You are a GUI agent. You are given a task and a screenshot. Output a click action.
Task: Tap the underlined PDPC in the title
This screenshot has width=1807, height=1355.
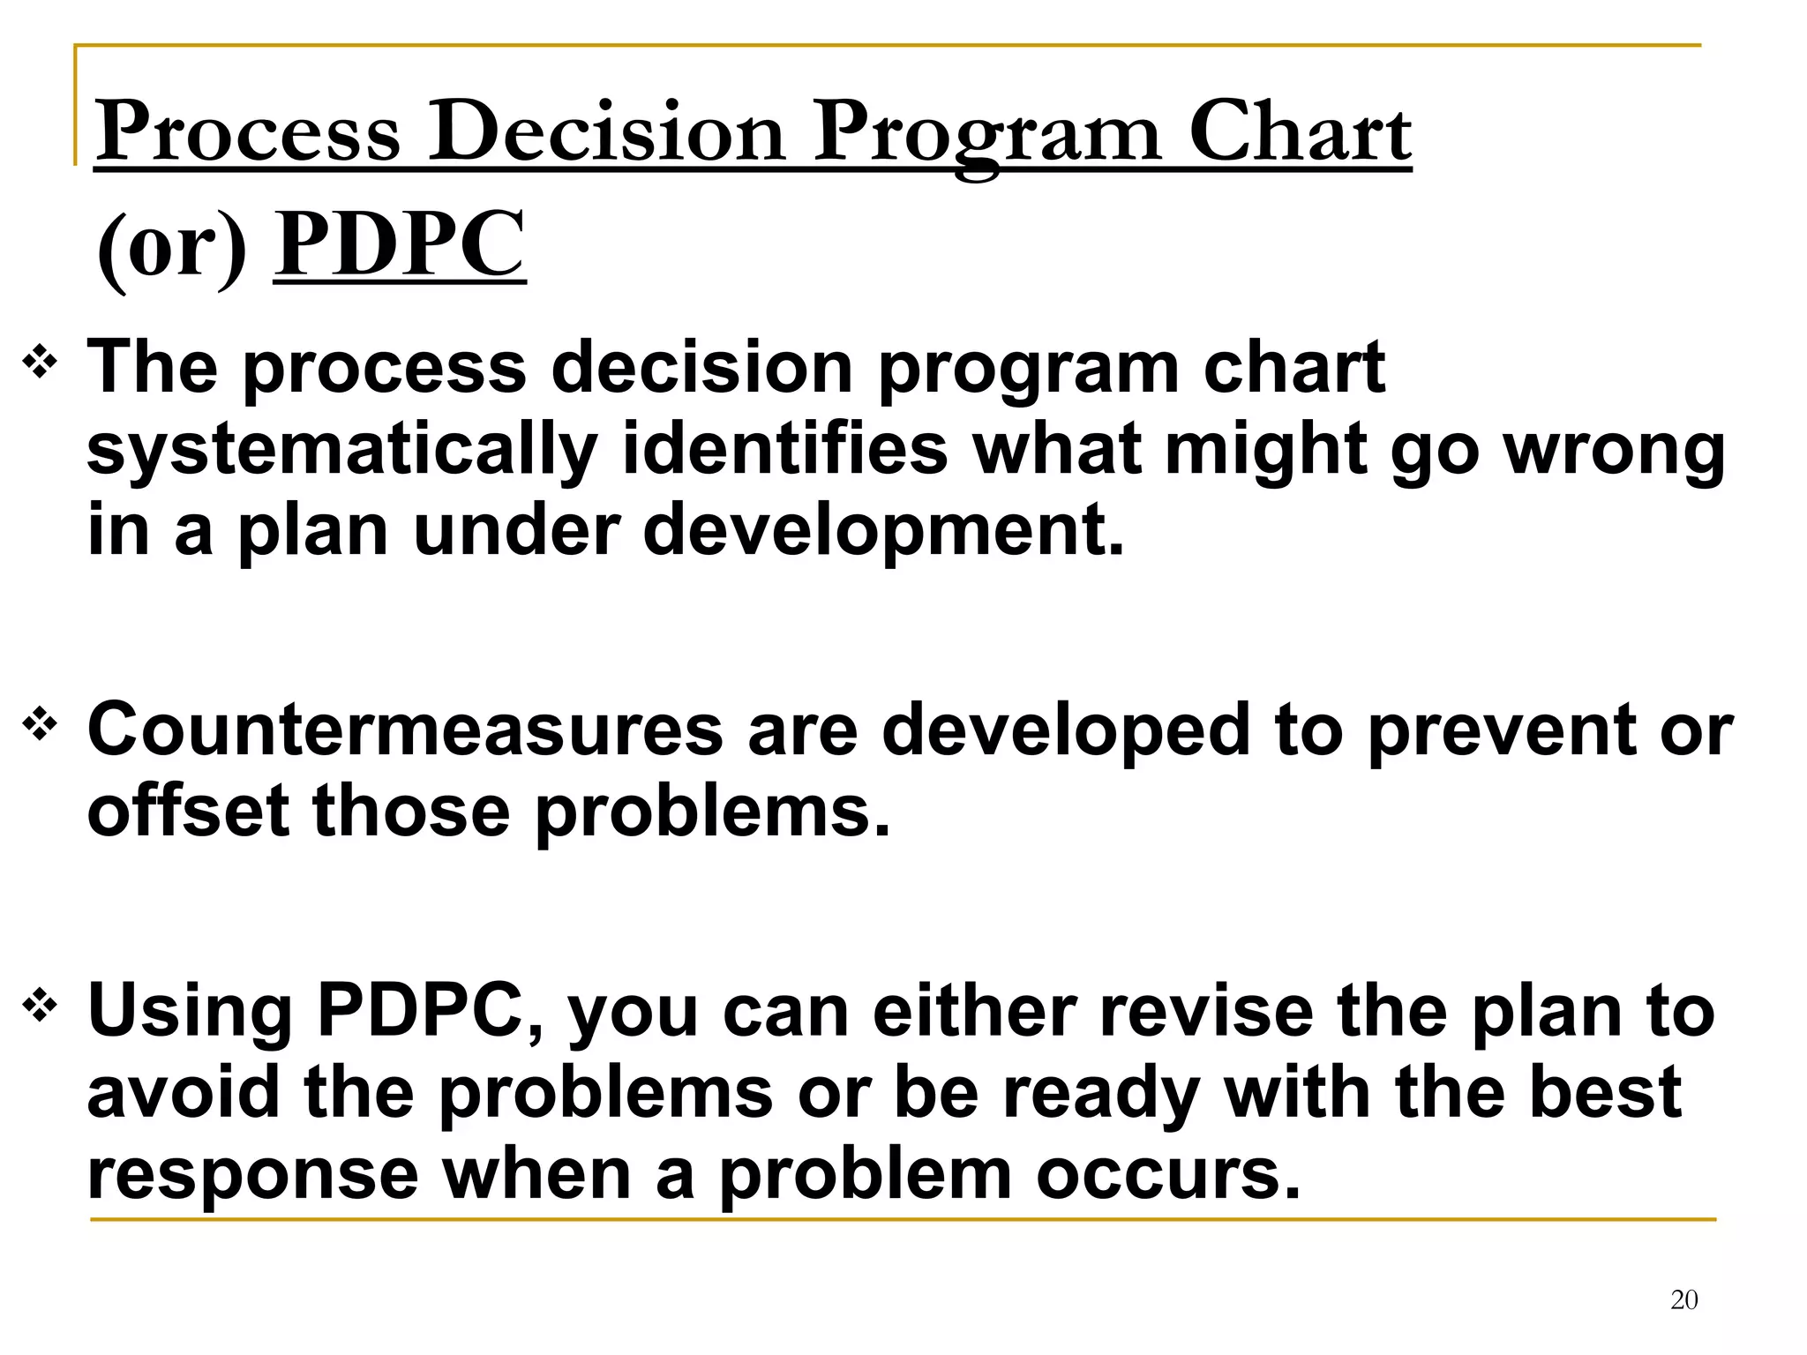click(399, 244)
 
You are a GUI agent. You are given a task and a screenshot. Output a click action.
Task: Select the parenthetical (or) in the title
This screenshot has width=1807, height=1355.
click(172, 247)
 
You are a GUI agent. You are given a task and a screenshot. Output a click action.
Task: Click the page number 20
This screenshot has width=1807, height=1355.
click(1683, 1299)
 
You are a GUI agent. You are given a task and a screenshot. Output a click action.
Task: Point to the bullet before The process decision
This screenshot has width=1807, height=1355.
click(41, 362)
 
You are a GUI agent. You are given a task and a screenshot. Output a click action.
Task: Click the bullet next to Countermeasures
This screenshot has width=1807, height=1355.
click(41, 725)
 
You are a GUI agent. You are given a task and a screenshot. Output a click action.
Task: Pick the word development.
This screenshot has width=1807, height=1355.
click(882, 532)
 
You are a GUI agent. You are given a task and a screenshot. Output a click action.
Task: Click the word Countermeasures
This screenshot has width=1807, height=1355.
click(405, 730)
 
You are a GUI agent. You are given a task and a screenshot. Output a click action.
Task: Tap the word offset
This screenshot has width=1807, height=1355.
click(188, 812)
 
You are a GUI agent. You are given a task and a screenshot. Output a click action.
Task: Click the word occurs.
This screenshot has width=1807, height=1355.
click(1167, 1175)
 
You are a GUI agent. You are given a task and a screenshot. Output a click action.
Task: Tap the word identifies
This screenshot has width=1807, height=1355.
click(784, 450)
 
